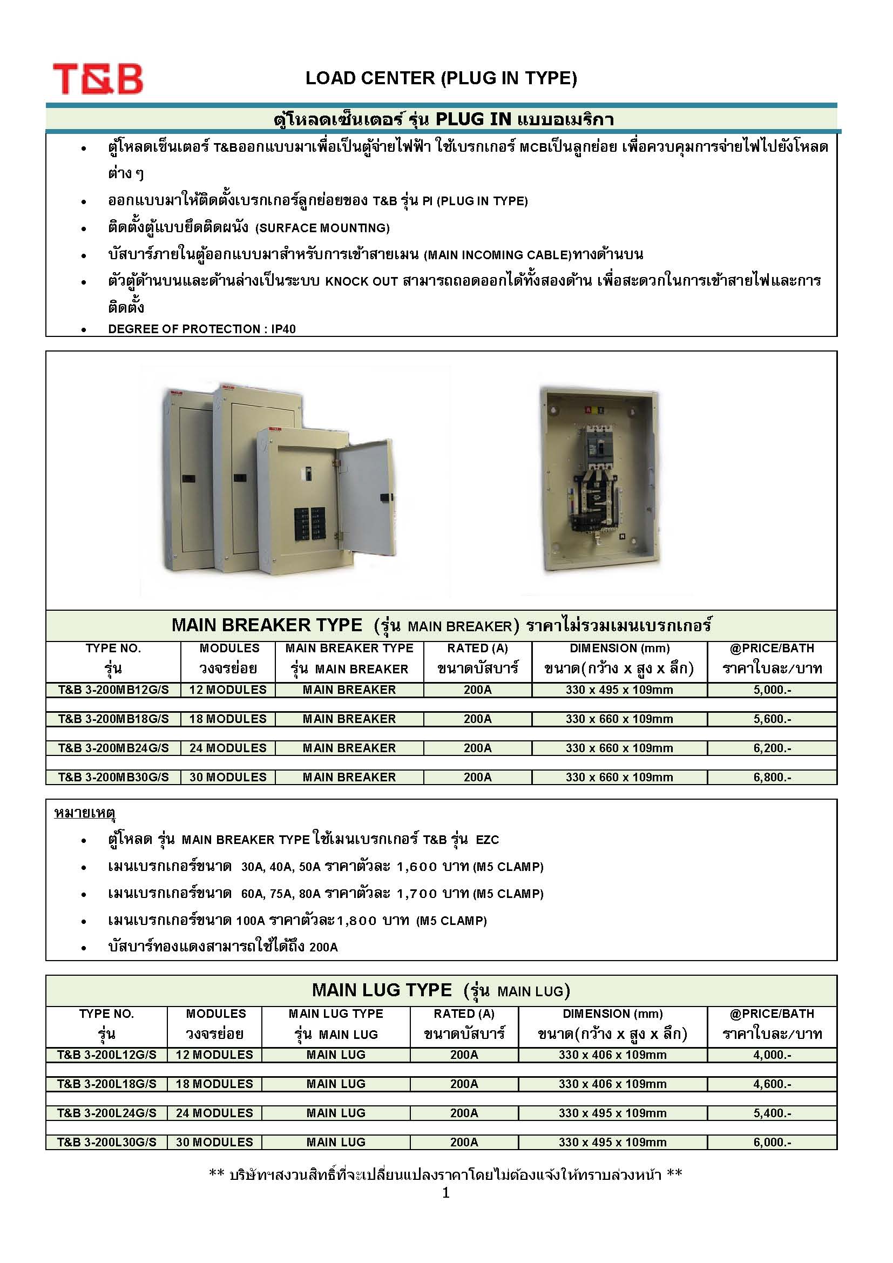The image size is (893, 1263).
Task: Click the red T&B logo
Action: pos(98,79)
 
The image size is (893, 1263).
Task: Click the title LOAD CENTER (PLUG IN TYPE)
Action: pos(441,78)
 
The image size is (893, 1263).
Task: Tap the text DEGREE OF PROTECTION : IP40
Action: pos(202,329)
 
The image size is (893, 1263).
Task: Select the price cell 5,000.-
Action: pos(772,690)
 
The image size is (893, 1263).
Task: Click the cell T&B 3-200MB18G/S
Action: pos(113,719)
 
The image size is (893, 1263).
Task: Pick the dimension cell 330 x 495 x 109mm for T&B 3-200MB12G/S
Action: pos(619,690)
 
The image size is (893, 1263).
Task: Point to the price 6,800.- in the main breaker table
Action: pos(772,777)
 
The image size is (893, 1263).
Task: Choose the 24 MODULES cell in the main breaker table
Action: pos(228,748)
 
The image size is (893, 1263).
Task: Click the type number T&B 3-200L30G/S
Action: pos(107,1142)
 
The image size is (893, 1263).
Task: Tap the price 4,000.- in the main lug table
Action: pos(772,1055)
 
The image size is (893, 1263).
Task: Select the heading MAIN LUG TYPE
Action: pos(382,990)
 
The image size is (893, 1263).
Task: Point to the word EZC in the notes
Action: pos(487,840)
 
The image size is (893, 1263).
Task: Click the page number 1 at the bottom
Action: pos(446,1193)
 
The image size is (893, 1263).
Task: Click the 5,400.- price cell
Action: pos(772,1113)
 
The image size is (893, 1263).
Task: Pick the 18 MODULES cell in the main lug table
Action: pos(214,1084)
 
